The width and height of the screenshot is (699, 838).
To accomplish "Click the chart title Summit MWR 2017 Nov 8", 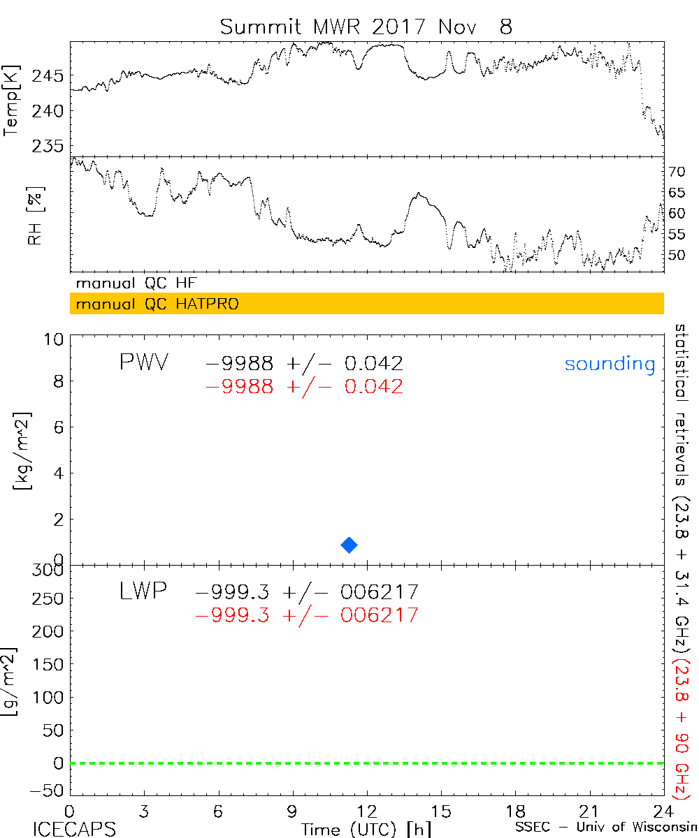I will pyautogui.click(x=366, y=27).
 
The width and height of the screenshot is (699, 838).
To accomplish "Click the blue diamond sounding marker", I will pyautogui.click(x=349, y=545).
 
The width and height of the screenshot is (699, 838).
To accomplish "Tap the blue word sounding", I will pyautogui.click(x=610, y=364).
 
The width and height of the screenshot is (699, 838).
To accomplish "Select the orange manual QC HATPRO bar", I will pyautogui.click(x=366, y=304).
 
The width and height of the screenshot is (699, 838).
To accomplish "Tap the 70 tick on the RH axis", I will pyautogui.click(x=677, y=171).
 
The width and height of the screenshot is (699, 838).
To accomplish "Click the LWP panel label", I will pyautogui.click(x=143, y=592).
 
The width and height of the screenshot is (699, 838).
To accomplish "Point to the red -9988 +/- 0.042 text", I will pyautogui.click(x=304, y=387).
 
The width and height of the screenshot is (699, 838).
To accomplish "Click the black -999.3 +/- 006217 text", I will pyautogui.click(x=308, y=593).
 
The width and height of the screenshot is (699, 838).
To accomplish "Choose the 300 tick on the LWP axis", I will pyautogui.click(x=51, y=570).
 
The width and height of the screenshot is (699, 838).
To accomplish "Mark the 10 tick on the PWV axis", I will pyautogui.click(x=56, y=339).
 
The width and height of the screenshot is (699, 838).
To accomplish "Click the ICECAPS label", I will pyautogui.click(x=74, y=828).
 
